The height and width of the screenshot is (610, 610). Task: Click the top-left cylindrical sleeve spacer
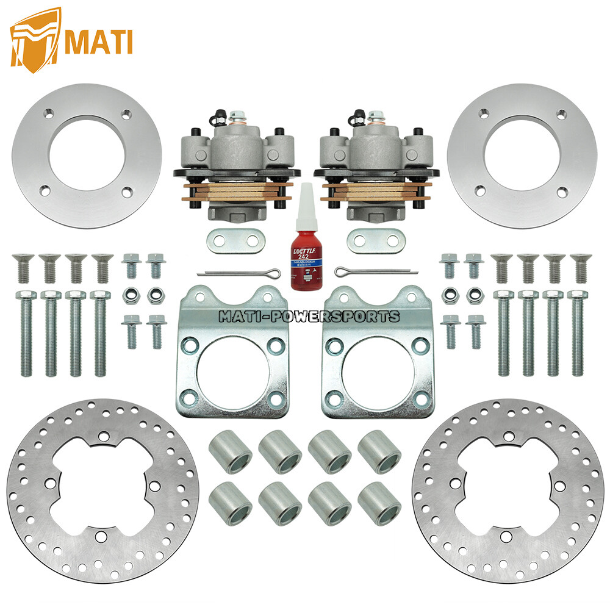pyautogui.click(x=230, y=452)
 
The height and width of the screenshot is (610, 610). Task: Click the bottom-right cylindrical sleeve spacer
pyautogui.click(x=379, y=503)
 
